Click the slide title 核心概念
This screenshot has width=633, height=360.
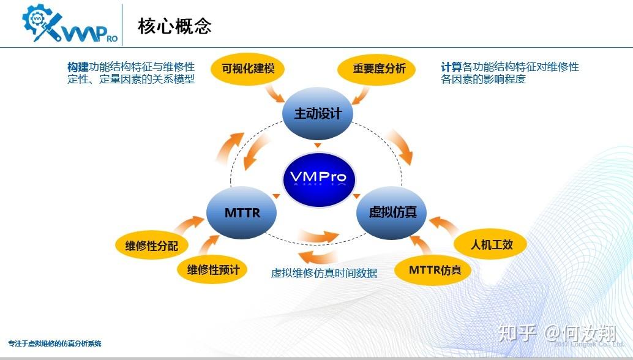tap(175, 26)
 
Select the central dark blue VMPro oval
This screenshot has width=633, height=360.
tap(318, 178)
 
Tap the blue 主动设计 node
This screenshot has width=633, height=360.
tap(318, 114)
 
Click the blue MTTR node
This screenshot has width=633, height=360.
tap(242, 213)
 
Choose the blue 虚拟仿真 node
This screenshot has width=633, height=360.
tap(392, 212)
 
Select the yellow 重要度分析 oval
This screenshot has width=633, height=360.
tap(379, 69)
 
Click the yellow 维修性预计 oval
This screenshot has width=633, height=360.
tap(212, 269)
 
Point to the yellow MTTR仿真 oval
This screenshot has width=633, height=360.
tap(435, 269)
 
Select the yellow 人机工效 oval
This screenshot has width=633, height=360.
tap(491, 245)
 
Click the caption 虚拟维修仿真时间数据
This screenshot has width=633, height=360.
tap(324, 273)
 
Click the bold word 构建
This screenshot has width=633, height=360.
tap(78, 67)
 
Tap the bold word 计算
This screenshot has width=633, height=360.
tap(451, 67)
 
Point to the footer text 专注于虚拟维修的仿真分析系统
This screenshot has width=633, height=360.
tap(55, 343)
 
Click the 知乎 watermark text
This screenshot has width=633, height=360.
tap(518, 333)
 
